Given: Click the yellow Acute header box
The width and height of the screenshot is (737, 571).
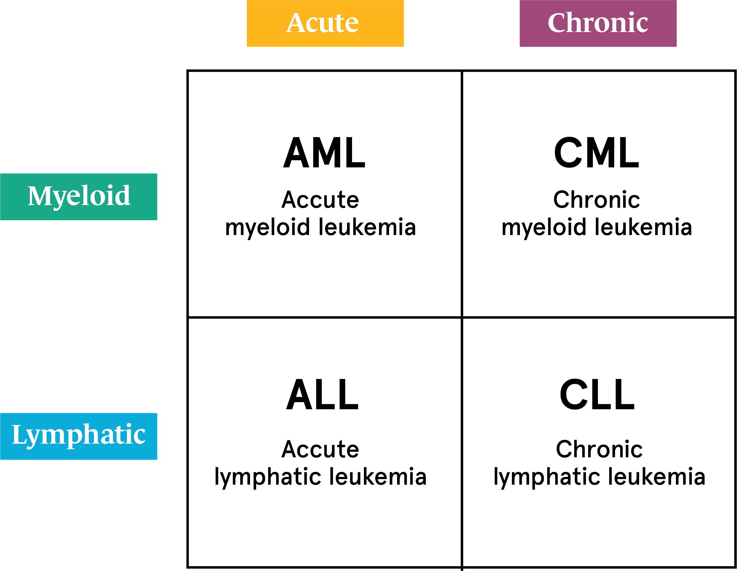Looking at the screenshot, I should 325,23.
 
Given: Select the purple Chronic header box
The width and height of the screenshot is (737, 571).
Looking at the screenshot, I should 598,23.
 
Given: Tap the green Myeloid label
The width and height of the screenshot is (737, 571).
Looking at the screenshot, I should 79,197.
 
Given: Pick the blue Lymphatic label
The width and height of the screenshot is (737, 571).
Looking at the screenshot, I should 79,436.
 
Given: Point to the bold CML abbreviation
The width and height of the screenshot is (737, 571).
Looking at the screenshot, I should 597,153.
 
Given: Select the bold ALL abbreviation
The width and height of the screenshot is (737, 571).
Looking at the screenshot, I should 322,395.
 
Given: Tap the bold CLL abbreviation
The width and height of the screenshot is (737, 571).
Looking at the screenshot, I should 597,395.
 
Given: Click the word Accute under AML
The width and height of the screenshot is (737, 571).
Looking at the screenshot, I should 320,200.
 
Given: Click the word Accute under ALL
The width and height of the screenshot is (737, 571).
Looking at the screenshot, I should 320,449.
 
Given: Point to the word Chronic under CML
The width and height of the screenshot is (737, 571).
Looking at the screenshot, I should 597,200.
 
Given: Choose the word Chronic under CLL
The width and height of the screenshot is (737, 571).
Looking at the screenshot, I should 599,449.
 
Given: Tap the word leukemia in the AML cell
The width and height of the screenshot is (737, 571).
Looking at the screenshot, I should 367,227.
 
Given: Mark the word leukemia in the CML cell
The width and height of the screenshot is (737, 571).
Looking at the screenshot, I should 644,227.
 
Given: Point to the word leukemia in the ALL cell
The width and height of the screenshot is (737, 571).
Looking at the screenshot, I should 378,477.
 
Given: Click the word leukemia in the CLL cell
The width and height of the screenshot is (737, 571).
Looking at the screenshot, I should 657,477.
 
